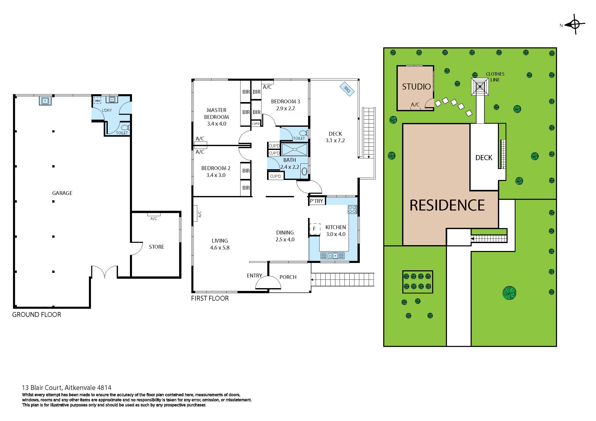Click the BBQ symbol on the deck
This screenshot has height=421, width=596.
[347, 89]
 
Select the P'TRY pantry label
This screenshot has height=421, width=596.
[317, 201]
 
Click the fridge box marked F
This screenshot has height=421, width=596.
[315, 229]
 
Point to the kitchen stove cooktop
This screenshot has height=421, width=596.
[352, 209]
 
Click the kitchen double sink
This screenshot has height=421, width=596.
[332, 256]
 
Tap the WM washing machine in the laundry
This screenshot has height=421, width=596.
[97, 101]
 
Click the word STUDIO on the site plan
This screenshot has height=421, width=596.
[416, 87]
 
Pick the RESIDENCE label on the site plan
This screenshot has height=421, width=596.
[447, 205]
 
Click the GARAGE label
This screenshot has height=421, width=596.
[62, 193]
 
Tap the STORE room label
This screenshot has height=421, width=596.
[156, 247]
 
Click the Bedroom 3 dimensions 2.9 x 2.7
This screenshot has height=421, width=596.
[285, 109]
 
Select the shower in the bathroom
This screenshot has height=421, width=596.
[294, 149]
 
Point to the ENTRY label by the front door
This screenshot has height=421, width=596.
[254, 276]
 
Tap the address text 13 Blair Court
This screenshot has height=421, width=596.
[67, 388]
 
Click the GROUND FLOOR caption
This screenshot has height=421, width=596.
[37, 315]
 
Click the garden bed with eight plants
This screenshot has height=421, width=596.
[417, 282]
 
